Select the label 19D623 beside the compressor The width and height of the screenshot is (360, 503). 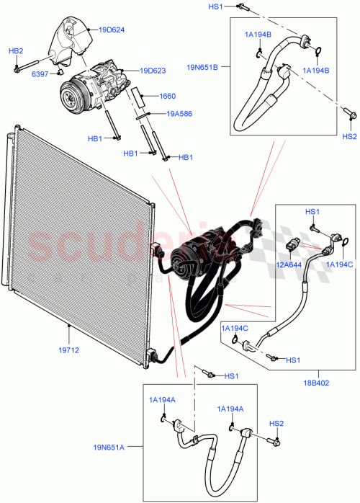click(153, 71)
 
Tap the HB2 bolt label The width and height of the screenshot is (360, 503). click(16, 51)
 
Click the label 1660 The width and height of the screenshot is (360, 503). click(167, 96)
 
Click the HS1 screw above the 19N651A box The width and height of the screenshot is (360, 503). click(207, 374)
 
